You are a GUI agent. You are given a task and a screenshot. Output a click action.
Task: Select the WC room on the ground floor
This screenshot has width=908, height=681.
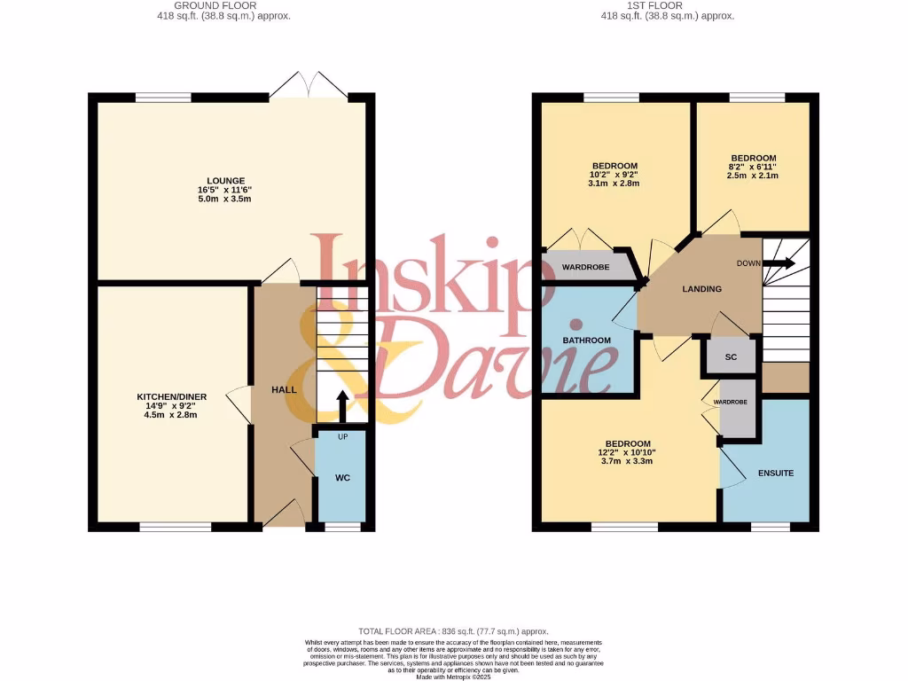pos(342,478)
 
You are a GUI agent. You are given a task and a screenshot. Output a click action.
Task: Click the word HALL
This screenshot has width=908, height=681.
pos(284,390)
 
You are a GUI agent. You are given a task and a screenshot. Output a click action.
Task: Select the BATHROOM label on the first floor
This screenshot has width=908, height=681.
pos(587,340)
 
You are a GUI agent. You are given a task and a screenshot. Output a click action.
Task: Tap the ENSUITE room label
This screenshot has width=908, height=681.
pos(775,473)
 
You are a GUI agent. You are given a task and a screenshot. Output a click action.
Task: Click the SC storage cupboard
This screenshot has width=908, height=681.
pos(731,356)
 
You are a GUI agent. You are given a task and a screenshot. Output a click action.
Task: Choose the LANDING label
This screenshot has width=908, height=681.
pos(701,289)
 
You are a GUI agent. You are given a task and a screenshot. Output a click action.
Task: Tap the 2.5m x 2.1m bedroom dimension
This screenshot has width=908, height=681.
pos(753,176)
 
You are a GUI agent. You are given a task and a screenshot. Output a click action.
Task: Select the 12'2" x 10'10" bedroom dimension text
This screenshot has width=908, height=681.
pos(627,452)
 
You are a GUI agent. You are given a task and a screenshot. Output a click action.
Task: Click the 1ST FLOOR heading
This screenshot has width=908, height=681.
pos(667,5)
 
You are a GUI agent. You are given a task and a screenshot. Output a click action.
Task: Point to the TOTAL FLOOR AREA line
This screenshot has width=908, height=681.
pos(453,630)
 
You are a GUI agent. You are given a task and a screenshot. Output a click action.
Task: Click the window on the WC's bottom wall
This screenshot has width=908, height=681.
pos(342,527)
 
